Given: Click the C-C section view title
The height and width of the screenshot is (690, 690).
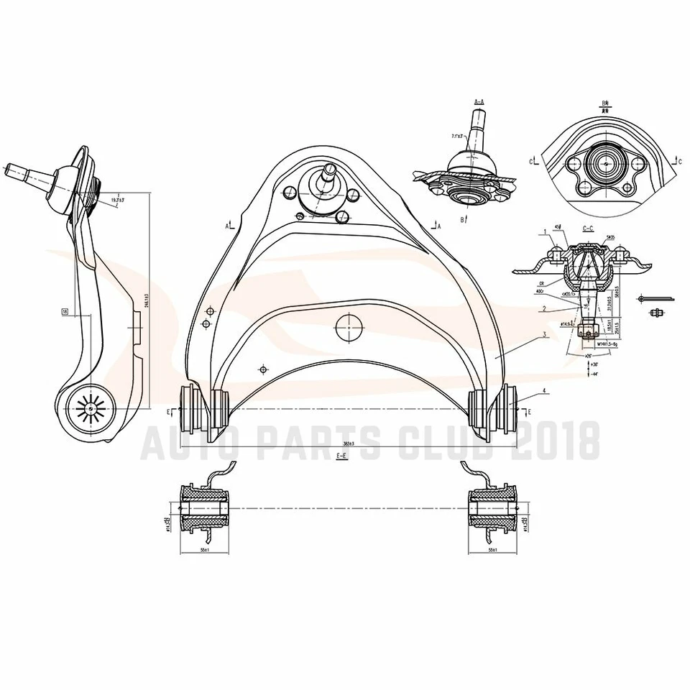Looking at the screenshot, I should tap(587, 229).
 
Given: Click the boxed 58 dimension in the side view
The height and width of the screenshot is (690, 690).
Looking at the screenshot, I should tap(65, 312).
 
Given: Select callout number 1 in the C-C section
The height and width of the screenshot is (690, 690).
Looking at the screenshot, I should tap(546, 231).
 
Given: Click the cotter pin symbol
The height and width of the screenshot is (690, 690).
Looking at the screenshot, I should tap(657, 298).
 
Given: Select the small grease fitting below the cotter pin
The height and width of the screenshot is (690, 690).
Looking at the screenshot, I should tap(655, 313).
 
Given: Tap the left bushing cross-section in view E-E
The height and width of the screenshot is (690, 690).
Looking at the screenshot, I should tap(204, 509).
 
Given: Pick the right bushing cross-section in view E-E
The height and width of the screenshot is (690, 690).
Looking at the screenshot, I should tap(493, 509).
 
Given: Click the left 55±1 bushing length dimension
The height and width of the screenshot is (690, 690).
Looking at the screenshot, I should tap(204, 550).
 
